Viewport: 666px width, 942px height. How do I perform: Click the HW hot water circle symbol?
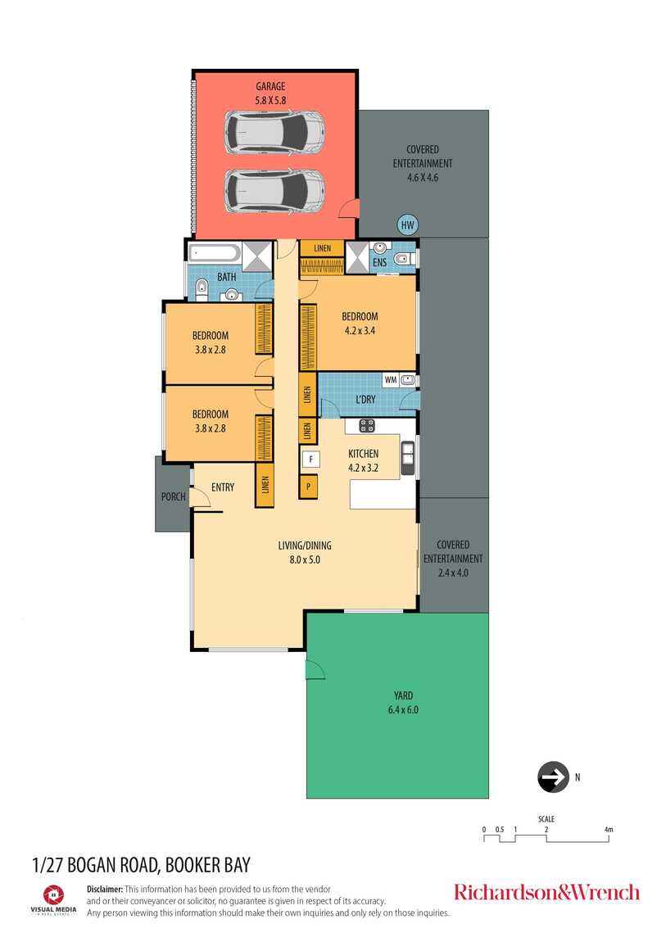(408, 225)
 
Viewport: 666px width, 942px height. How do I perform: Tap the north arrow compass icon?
(553, 777)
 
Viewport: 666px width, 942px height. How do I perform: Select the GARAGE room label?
(270, 87)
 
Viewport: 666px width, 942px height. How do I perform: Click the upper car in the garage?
(274, 132)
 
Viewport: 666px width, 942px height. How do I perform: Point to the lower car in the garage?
(274, 191)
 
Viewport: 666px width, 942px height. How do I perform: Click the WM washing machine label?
(391, 380)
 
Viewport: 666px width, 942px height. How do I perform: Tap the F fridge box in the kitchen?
(310, 460)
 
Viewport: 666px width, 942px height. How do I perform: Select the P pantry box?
(309, 486)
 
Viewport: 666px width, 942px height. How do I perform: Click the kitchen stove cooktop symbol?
(367, 426)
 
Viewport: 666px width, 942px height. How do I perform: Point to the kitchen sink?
(408, 458)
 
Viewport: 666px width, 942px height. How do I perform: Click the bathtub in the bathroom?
(214, 252)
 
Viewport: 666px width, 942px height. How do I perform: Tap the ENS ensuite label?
(379, 263)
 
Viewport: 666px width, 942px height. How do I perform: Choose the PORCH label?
(173, 497)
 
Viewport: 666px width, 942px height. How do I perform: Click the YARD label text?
(403, 695)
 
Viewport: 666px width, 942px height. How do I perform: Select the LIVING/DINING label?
(305, 546)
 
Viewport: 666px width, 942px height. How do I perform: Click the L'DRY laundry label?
(365, 399)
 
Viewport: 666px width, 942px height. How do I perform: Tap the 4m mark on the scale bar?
(609, 830)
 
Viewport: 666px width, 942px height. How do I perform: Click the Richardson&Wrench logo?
(546, 892)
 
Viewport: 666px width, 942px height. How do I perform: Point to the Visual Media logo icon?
(53, 894)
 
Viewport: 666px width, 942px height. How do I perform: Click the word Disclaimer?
(105, 889)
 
